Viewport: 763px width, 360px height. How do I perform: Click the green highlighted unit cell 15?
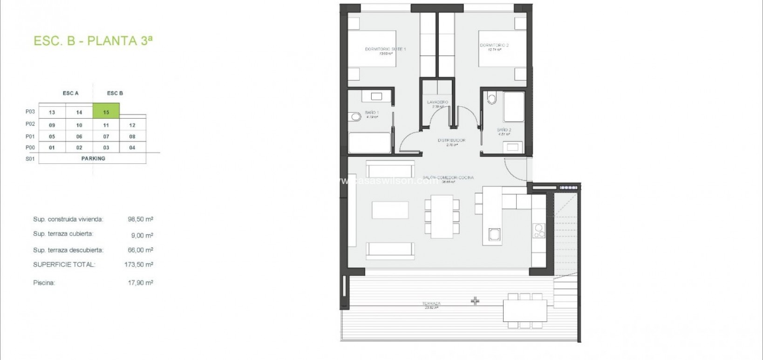click(106, 112)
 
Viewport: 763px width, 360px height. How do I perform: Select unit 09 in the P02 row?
click(52, 125)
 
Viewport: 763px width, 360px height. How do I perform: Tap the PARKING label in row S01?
click(93, 158)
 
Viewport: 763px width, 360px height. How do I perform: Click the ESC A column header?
click(70, 93)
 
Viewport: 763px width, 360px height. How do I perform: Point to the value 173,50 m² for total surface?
click(140, 265)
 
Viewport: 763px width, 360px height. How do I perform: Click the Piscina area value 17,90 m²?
click(140, 283)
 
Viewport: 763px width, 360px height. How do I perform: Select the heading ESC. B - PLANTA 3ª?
click(93, 41)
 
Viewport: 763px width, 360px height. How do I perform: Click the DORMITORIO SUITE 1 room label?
click(385, 49)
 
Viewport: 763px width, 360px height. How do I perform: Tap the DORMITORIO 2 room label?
click(494, 46)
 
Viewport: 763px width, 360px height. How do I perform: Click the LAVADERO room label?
click(437, 102)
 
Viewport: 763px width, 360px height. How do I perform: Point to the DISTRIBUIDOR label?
click(451, 140)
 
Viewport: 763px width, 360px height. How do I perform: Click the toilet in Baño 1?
click(355, 116)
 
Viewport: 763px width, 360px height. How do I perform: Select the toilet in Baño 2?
click(492, 98)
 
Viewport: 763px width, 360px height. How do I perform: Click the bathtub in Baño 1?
click(370, 143)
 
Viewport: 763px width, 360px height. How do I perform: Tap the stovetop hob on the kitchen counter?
click(539, 230)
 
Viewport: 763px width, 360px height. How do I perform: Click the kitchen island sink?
click(494, 234)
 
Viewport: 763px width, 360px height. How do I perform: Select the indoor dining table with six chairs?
click(442, 217)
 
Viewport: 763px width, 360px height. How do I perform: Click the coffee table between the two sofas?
click(390, 210)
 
